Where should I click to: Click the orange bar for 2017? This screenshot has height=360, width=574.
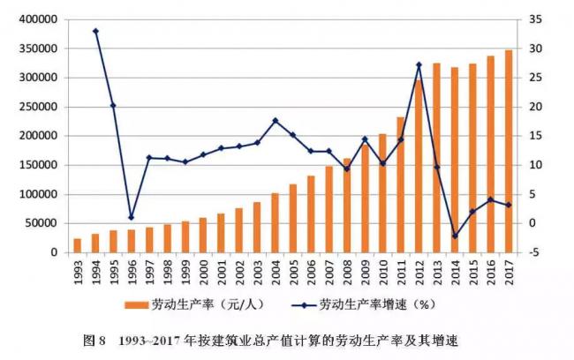click(x=509, y=151)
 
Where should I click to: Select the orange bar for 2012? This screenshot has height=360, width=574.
click(x=419, y=167)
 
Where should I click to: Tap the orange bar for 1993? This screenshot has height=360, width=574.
click(x=77, y=245)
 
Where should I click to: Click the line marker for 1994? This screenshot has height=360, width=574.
click(x=94, y=31)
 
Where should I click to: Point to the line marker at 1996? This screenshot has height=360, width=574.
click(x=131, y=217)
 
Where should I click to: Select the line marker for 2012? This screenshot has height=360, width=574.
click(x=419, y=64)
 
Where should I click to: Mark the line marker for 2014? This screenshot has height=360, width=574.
click(x=455, y=236)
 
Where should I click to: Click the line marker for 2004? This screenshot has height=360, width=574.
click(x=275, y=120)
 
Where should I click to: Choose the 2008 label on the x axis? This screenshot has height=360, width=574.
click(x=347, y=276)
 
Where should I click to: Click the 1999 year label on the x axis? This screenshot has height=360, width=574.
click(x=185, y=276)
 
